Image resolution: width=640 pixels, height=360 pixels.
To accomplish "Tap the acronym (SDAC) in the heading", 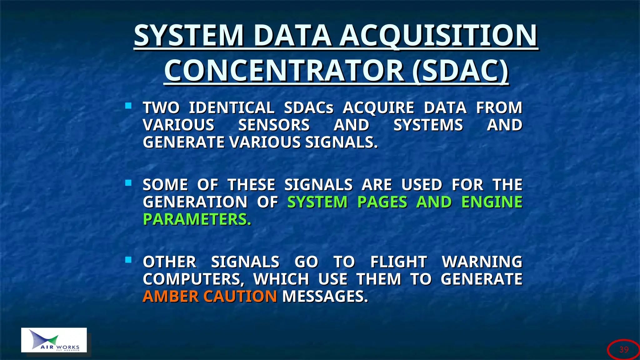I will coord(460,71).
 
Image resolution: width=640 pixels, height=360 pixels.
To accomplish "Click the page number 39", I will coord(624,349).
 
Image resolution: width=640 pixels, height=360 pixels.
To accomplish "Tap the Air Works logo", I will coord(54,340).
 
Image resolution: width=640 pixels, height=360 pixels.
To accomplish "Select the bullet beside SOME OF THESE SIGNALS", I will coord(128,183).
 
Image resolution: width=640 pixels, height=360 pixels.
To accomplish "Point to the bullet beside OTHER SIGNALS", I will coord(128,260).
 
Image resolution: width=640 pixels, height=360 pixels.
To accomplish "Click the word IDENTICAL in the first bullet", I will coord(232,108).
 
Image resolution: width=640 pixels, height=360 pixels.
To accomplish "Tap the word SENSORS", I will coord(274,125).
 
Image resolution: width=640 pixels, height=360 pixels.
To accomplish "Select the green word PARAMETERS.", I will coord(197,219).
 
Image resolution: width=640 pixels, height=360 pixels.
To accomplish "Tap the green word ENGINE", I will coord(492,202).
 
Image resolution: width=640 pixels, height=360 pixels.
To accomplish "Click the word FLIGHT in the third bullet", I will coord(398,262).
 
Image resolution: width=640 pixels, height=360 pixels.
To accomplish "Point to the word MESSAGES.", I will coord(325,296).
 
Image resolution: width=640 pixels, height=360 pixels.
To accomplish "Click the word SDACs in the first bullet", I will coord(309,108).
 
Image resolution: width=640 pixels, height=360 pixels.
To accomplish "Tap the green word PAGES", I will coord(382,202).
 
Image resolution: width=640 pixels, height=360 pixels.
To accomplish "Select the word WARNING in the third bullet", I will coord(482,262).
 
